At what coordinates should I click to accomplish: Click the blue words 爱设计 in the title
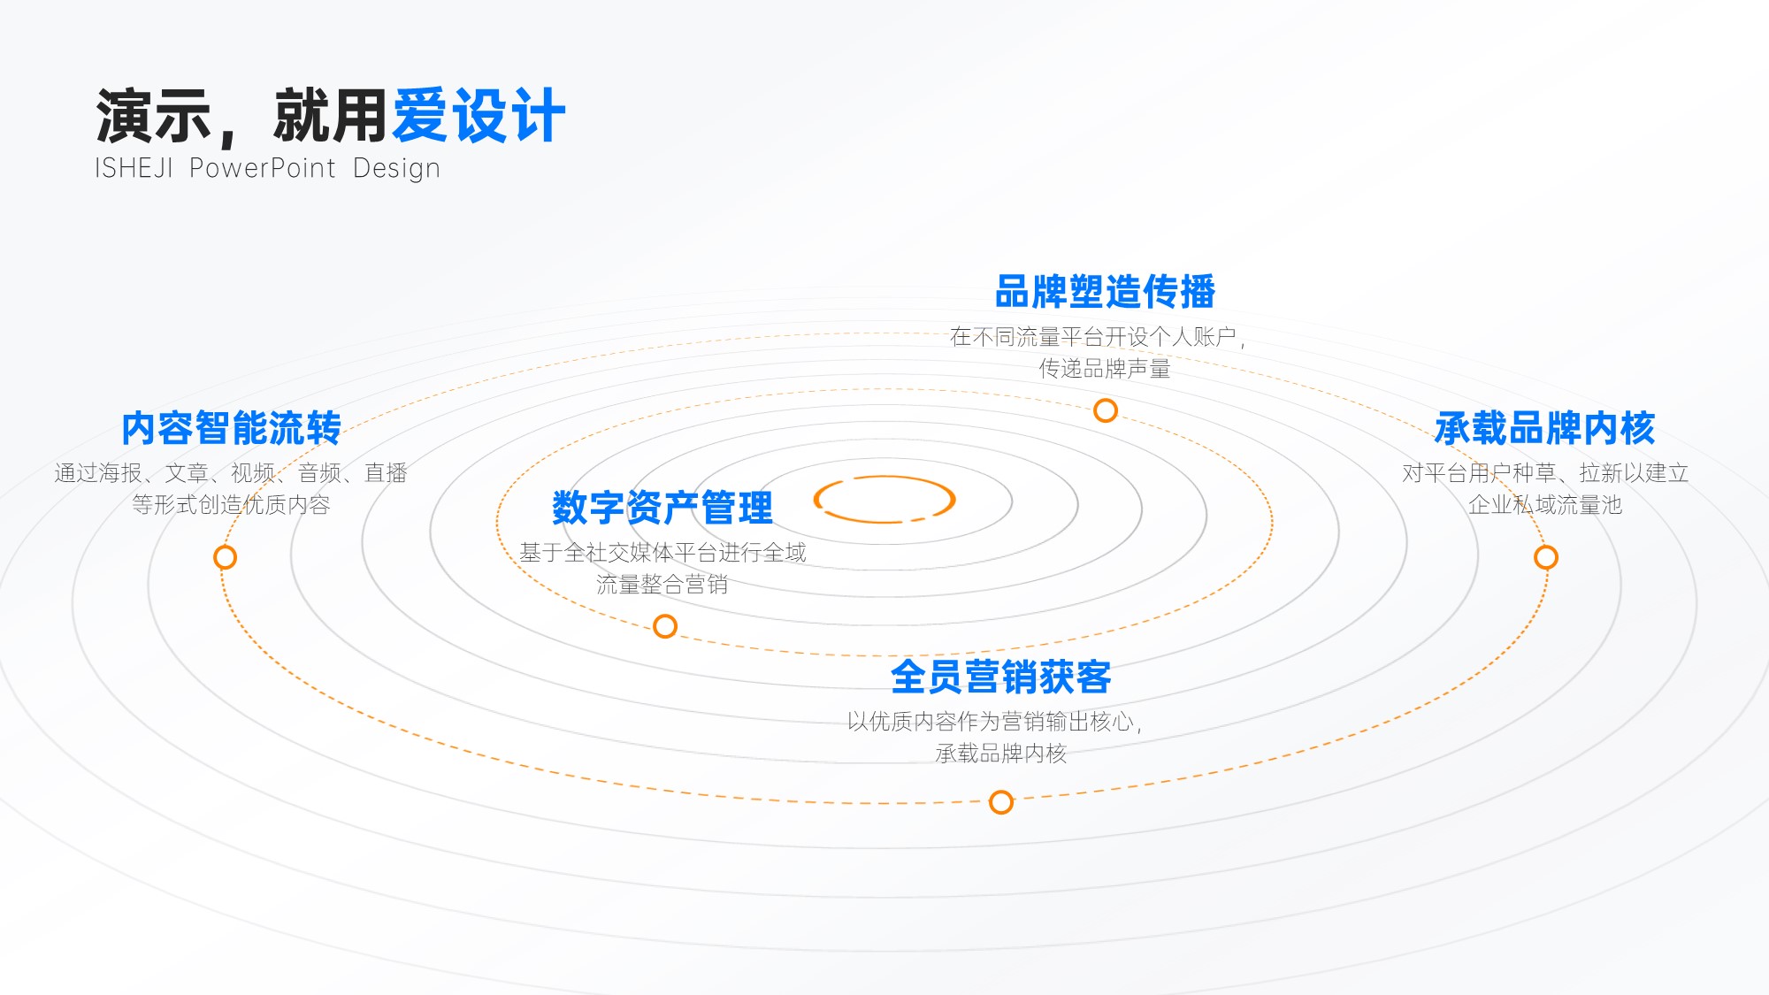pos(479,116)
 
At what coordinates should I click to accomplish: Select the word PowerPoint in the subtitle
pos(263,168)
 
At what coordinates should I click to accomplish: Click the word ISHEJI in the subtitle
pos(134,168)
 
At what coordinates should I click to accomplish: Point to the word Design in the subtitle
pos(396,169)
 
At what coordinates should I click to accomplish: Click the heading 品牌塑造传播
pos(1105,292)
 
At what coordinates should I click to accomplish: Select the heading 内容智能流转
pos(232,428)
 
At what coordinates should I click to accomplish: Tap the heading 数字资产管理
pos(662,508)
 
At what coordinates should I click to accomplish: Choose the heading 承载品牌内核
pos(1545,428)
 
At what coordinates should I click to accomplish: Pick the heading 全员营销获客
pos(1001,677)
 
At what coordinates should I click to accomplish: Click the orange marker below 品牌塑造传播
pos(1106,410)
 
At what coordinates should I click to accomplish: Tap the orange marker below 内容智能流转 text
pos(226,557)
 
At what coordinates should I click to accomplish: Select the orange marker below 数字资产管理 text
pos(665,626)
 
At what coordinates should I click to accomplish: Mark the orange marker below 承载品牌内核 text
pos(1546,557)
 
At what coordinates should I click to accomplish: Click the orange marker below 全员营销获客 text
pos(1001,802)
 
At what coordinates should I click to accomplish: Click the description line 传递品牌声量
pos(1105,369)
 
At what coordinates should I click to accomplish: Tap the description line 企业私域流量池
pos(1545,505)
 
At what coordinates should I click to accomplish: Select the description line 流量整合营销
pos(662,585)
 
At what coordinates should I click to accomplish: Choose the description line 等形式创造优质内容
pos(232,505)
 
